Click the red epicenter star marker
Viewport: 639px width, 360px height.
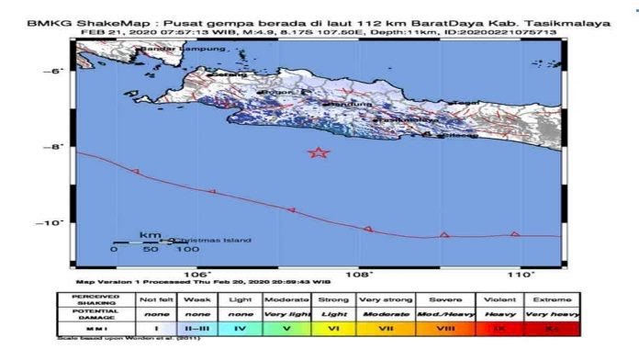coord(319,153)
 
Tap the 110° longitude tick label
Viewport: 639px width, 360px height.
coord(521,273)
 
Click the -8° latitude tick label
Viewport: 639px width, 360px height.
coord(57,146)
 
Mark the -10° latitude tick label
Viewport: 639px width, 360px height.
coord(55,222)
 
